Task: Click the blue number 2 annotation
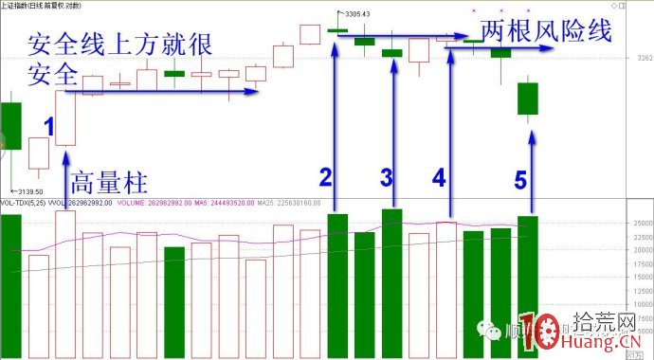pos(325,177)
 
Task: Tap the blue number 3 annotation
pos(386,177)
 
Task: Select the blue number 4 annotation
pos(438,177)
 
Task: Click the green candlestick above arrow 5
pos(527,99)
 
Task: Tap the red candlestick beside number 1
pos(64,118)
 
